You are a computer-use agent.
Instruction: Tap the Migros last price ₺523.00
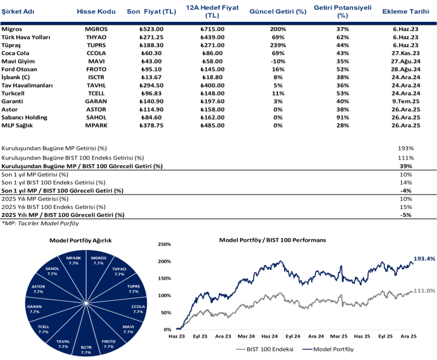point(151,29)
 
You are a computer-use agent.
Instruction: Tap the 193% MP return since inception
point(406,148)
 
